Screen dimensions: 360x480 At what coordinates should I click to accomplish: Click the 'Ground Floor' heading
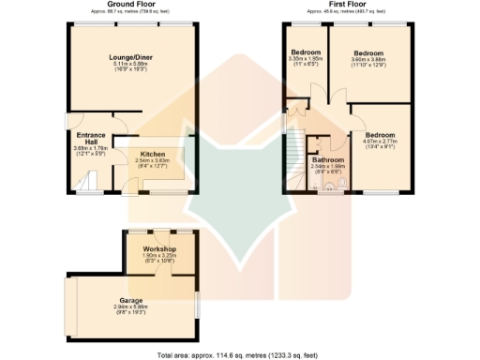click(131, 5)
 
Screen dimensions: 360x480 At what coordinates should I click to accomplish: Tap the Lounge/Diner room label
click(131, 57)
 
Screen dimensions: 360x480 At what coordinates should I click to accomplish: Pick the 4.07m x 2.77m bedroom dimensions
click(384, 142)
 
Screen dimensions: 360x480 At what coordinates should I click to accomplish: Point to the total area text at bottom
click(239, 354)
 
